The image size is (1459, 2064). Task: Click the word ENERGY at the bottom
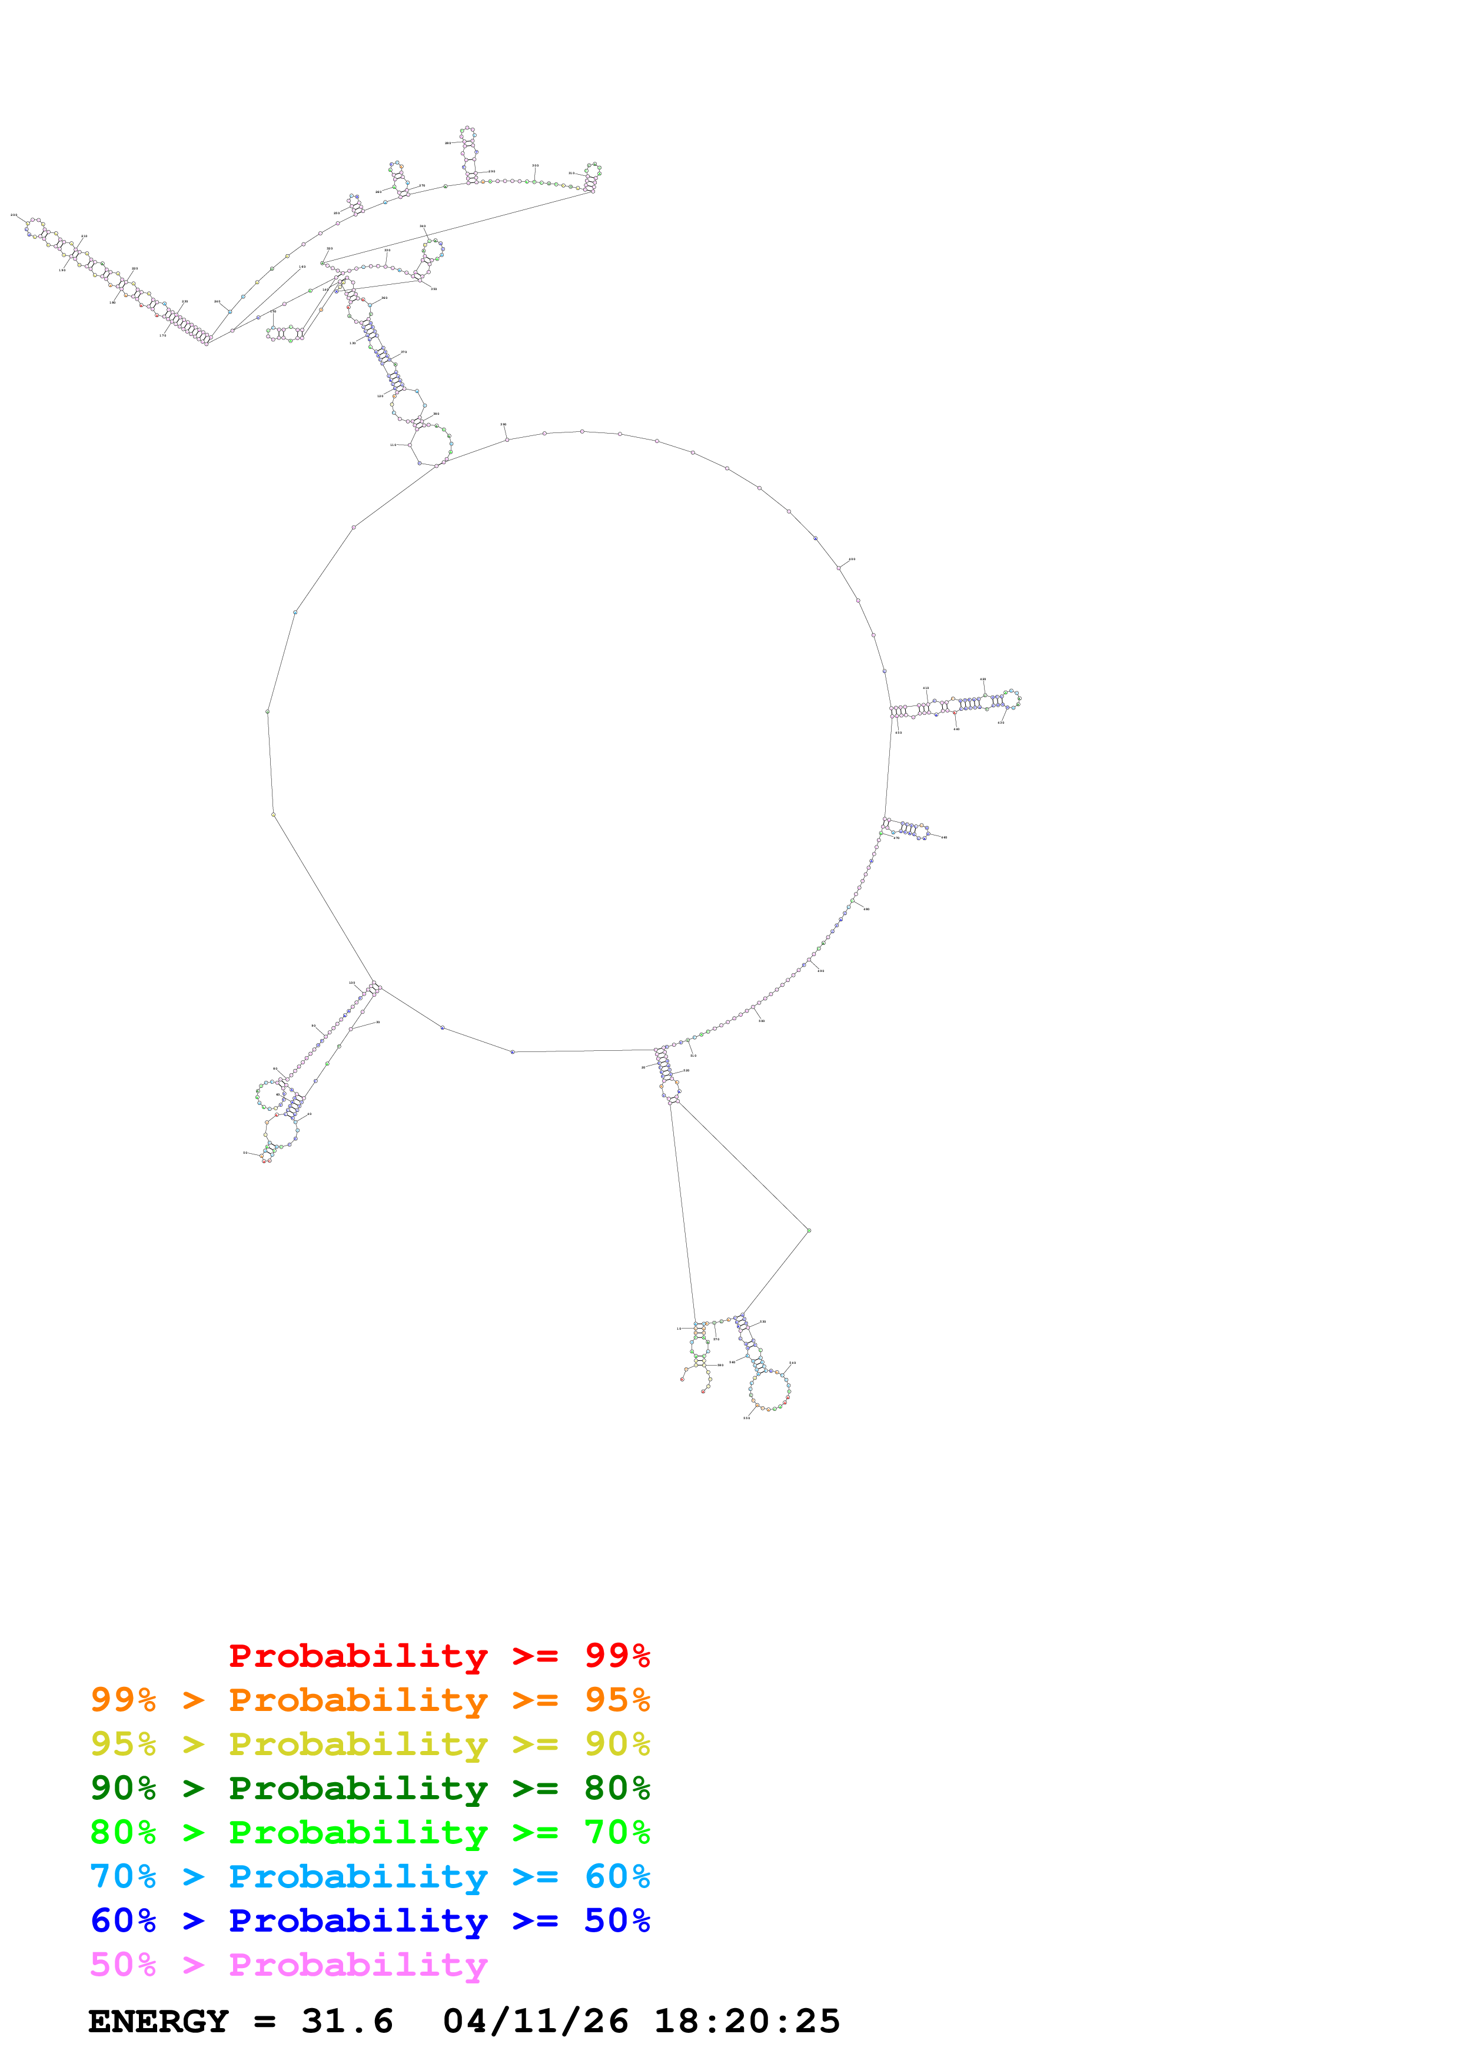[x=158, y=2022]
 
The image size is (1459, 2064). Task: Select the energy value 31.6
[x=347, y=2022]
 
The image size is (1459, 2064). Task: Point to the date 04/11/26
[x=535, y=2022]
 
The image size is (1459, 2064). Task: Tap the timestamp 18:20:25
[x=746, y=2022]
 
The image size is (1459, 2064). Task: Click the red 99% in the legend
[x=617, y=1655]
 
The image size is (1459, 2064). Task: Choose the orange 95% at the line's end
[x=617, y=1700]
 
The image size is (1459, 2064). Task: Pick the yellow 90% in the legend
[x=617, y=1744]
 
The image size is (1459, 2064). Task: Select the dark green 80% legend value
[x=617, y=1788]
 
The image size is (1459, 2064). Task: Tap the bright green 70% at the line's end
[x=617, y=1832]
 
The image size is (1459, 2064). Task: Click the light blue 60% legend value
[x=617, y=1876]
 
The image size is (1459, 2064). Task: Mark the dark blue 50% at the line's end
[x=617, y=1920]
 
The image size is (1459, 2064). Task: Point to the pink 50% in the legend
[x=123, y=1964]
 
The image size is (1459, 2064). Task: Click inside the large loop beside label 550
[x=769, y=1390]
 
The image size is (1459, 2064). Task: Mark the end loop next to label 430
[x=1011, y=698]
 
